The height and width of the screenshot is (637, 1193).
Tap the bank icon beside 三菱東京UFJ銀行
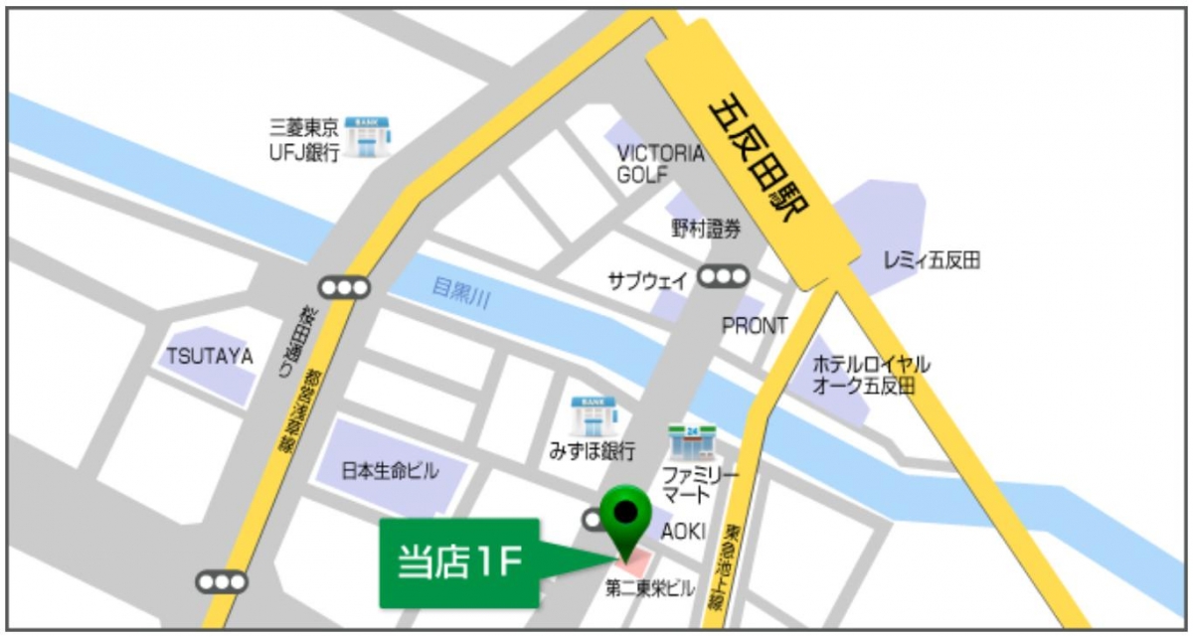(x=368, y=138)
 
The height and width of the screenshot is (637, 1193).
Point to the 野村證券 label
(x=706, y=230)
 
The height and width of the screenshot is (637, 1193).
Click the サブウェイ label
(x=648, y=281)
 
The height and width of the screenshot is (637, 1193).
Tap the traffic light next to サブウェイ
(x=723, y=277)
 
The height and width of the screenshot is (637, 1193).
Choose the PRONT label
(x=755, y=326)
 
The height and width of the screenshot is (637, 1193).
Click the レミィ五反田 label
(x=932, y=261)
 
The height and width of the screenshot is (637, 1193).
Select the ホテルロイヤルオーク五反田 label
(x=871, y=375)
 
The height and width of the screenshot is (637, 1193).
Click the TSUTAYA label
(x=210, y=356)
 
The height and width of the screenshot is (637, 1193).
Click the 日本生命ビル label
(x=389, y=471)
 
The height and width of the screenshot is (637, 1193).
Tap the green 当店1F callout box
(x=458, y=562)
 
